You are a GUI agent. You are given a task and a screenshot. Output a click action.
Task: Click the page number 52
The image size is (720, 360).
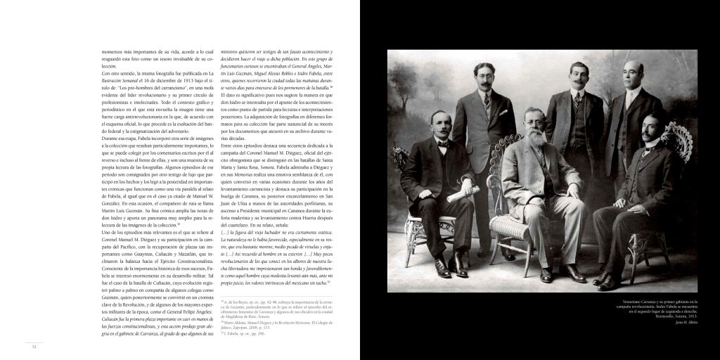pos(33,346)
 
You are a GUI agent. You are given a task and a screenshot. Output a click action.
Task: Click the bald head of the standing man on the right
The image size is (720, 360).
pos(633,67)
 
